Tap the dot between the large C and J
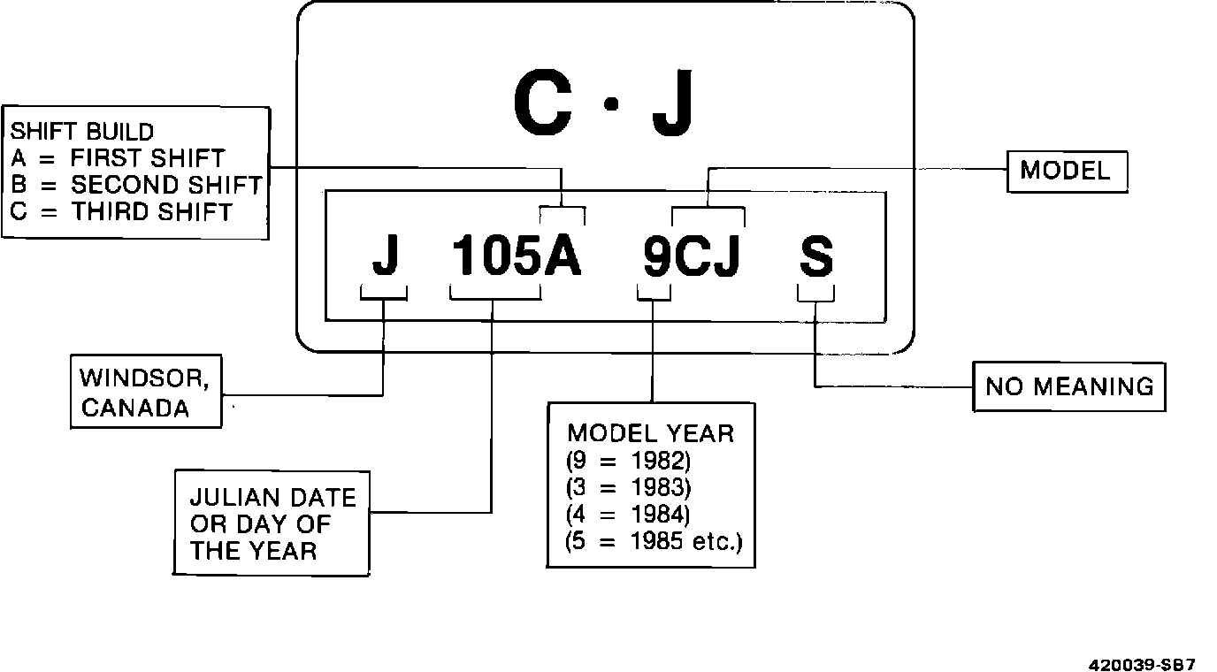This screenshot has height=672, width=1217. point(609,104)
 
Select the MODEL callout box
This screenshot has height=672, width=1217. point(1067,171)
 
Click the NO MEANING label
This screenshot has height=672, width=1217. point(1069,386)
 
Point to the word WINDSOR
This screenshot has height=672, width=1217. point(145,378)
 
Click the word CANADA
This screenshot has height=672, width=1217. point(134,409)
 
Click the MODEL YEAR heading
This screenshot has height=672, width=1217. point(650,433)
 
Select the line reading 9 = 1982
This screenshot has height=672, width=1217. point(628,461)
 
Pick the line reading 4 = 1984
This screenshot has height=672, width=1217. point(628,513)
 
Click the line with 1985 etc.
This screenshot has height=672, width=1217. point(654,539)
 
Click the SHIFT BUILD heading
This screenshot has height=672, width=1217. point(81,132)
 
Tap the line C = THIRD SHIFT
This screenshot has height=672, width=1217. point(122,212)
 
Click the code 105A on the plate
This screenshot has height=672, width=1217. point(517,256)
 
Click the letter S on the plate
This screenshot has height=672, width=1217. point(815,256)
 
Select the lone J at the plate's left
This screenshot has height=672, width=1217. point(385,256)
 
